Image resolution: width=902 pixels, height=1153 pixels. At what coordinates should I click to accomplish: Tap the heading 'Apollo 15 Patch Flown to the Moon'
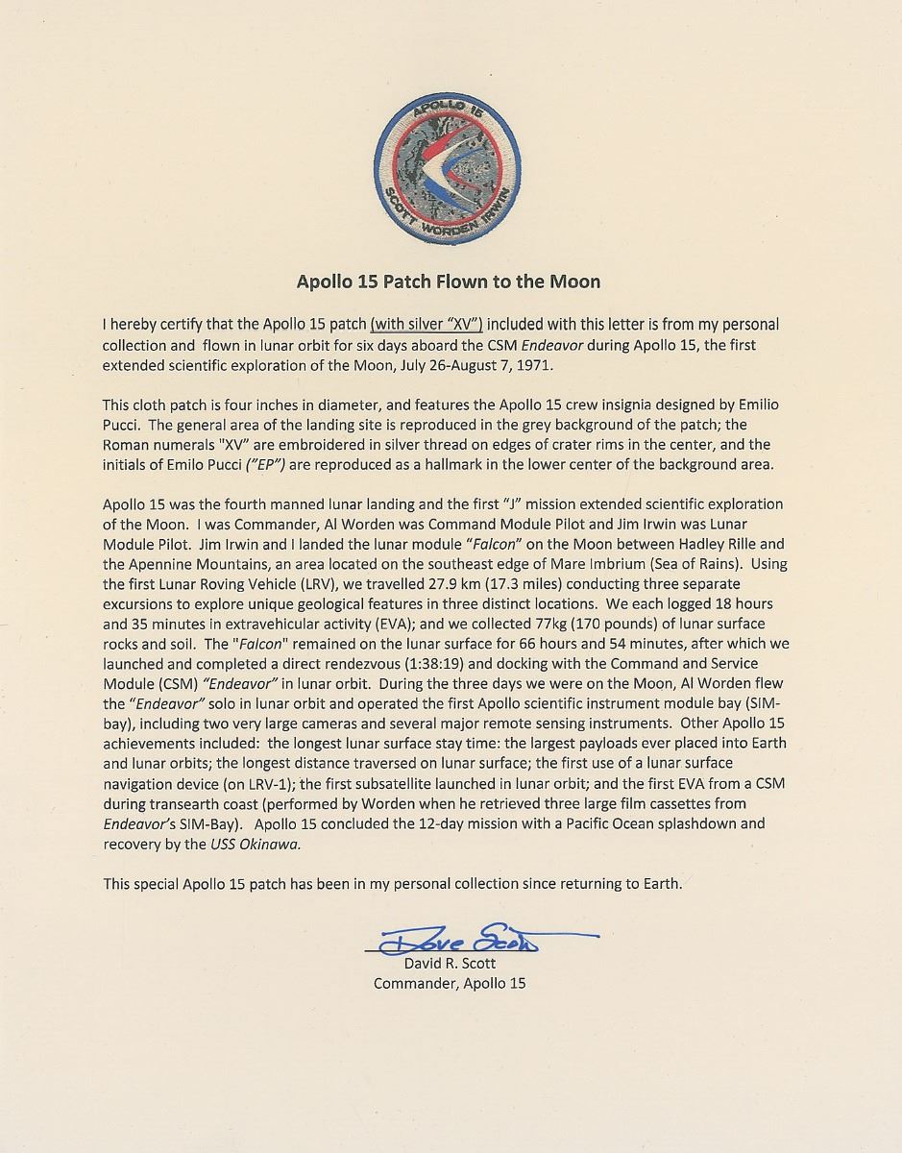(450, 282)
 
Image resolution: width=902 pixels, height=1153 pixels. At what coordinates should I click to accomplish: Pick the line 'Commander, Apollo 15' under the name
(450, 984)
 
